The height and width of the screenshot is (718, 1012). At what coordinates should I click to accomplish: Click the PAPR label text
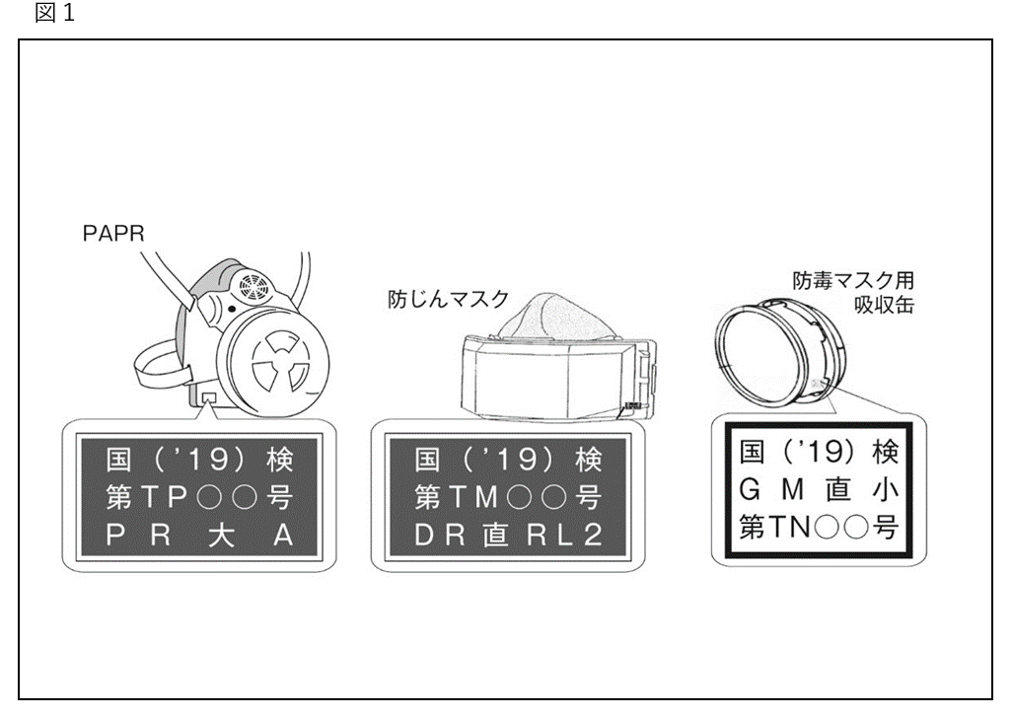click(113, 233)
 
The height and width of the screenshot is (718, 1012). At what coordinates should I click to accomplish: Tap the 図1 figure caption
click(55, 12)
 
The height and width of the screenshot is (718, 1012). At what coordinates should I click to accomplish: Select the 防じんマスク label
click(448, 299)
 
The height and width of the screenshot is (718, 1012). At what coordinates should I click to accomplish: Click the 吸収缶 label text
click(884, 304)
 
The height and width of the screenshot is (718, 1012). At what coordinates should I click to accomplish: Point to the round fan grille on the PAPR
click(253, 287)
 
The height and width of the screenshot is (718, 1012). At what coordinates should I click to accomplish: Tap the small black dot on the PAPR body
click(231, 309)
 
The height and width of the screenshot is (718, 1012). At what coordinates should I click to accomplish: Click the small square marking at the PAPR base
click(209, 396)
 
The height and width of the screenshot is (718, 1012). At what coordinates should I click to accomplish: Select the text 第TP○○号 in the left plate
click(199, 497)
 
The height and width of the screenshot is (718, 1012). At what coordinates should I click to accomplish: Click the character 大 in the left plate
click(221, 536)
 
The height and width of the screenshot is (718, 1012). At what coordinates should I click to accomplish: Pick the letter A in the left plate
click(283, 536)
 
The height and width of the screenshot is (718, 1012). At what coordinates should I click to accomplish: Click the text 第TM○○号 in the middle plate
click(507, 497)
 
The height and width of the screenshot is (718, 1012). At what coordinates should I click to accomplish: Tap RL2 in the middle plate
click(564, 535)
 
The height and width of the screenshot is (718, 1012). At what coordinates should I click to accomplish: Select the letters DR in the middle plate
click(439, 535)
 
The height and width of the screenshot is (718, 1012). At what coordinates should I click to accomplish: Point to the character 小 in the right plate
click(886, 489)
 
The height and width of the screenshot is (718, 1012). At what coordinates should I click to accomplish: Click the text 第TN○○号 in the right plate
click(819, 527)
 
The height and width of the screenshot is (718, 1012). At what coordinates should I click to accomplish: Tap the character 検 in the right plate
click(886, 452)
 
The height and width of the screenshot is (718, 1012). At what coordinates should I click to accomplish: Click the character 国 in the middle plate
click(427, 460)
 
